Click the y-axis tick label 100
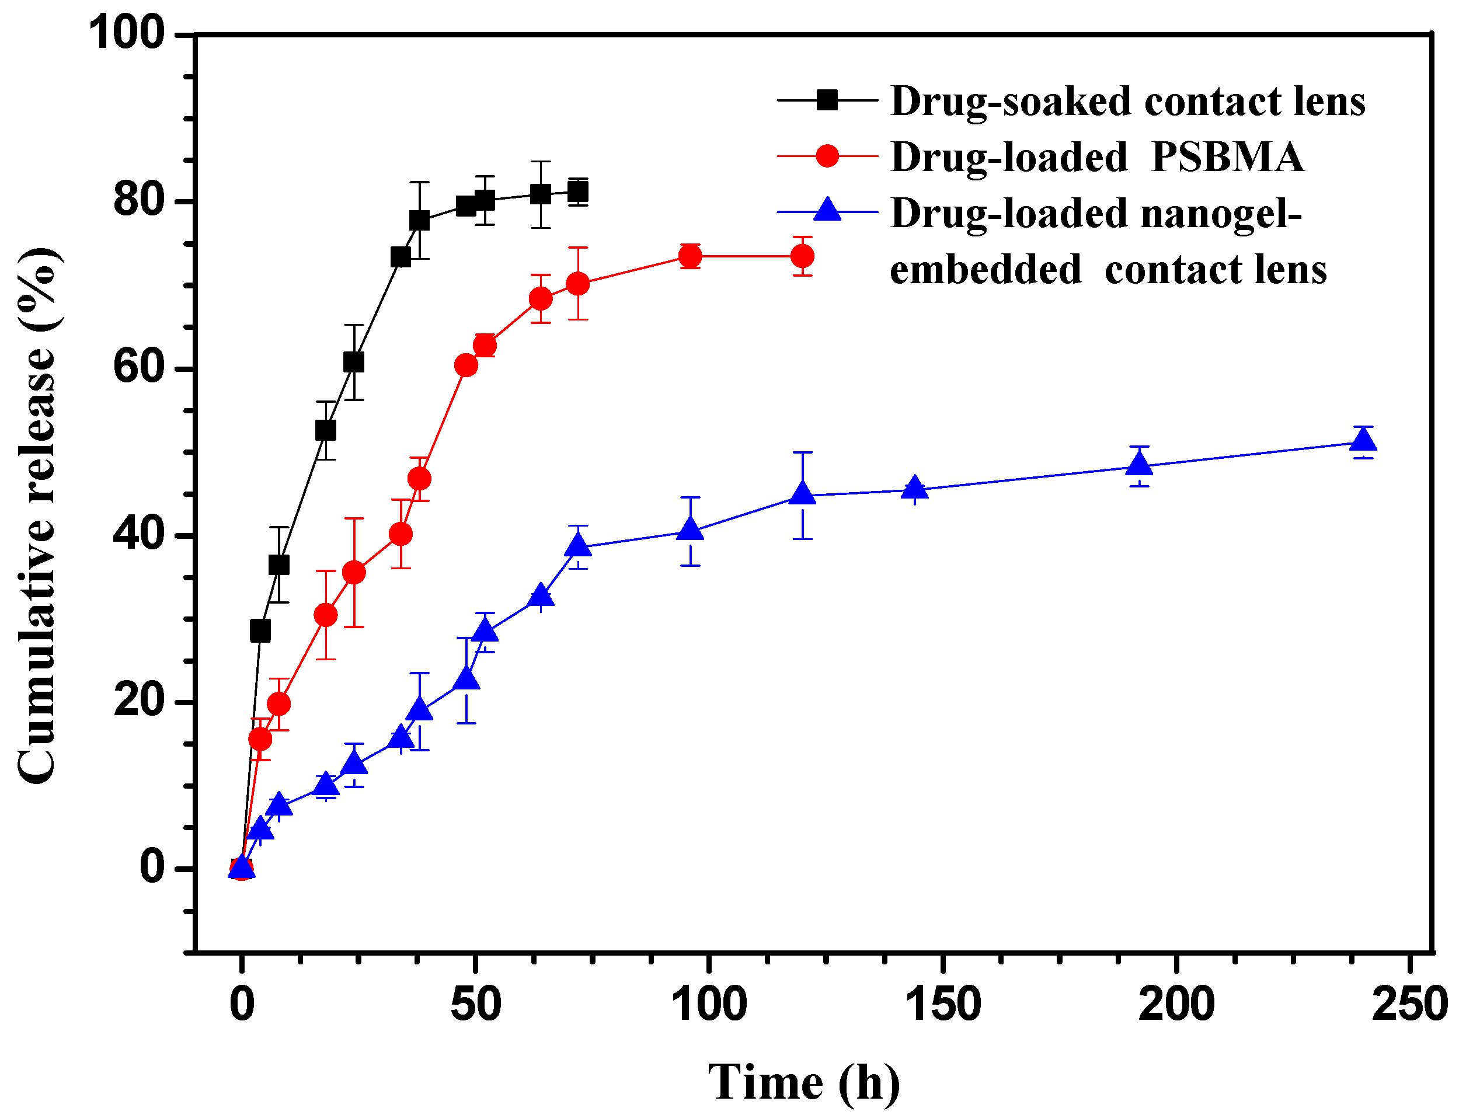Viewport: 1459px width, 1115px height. [x=126, y=33]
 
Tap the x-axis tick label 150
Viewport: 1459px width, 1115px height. [x=943, y=1004]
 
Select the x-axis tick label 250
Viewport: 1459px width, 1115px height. [x=1410, y=1004]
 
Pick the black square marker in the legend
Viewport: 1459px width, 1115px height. [x=827, y=100]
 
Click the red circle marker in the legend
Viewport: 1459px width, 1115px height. [x=827, y=156]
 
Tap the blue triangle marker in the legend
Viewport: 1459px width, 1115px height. [x=827, y=210]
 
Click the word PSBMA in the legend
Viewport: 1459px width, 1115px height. [x=1227, y=158]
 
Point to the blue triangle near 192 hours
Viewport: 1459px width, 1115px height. [x=1139, y=464]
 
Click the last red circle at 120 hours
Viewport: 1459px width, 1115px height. [x=803, y=256]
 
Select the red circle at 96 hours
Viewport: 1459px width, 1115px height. [x=690, y=256]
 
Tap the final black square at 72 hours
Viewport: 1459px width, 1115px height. [x=578, y=193]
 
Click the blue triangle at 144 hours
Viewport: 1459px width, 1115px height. [x=915, y=489]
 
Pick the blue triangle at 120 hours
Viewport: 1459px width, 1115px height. [x=803, y=494]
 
